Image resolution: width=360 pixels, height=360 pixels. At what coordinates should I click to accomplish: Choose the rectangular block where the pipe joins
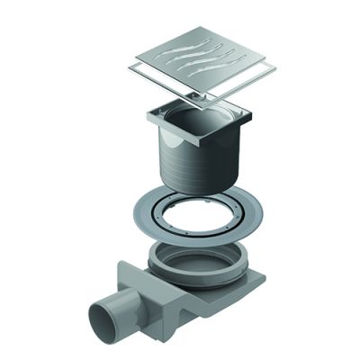144,288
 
